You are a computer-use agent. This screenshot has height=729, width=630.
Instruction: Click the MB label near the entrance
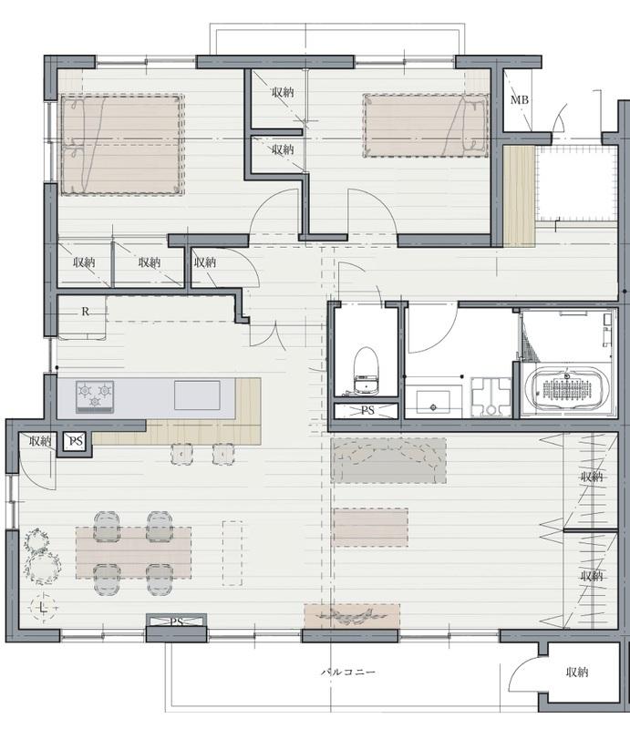520,100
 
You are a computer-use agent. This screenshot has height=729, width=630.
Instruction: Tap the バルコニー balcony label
348,672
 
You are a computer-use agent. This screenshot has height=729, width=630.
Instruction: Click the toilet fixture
366,372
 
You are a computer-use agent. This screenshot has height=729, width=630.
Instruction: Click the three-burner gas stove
95,396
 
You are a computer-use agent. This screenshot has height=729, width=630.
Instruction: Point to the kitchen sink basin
197,395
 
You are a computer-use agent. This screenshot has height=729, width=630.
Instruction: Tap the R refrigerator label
85,312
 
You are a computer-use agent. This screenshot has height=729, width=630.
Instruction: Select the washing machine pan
491,397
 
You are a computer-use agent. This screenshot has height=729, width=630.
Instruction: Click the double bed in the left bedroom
122,145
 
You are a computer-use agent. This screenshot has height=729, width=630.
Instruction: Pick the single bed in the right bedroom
426,126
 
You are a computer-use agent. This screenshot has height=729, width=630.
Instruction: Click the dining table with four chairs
133,553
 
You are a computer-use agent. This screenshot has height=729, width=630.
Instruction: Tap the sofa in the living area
388,461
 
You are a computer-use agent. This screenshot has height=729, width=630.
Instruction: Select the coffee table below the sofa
370,528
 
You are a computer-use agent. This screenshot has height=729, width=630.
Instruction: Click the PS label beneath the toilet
367,411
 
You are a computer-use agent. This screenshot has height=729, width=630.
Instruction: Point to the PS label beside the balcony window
176,621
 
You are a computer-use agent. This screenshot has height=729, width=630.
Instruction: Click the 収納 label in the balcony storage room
577,672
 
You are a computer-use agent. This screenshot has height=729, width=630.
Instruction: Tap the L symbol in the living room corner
43,606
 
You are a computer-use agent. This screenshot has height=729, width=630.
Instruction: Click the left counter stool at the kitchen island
181,454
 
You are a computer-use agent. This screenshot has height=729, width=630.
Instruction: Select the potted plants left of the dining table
41,556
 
